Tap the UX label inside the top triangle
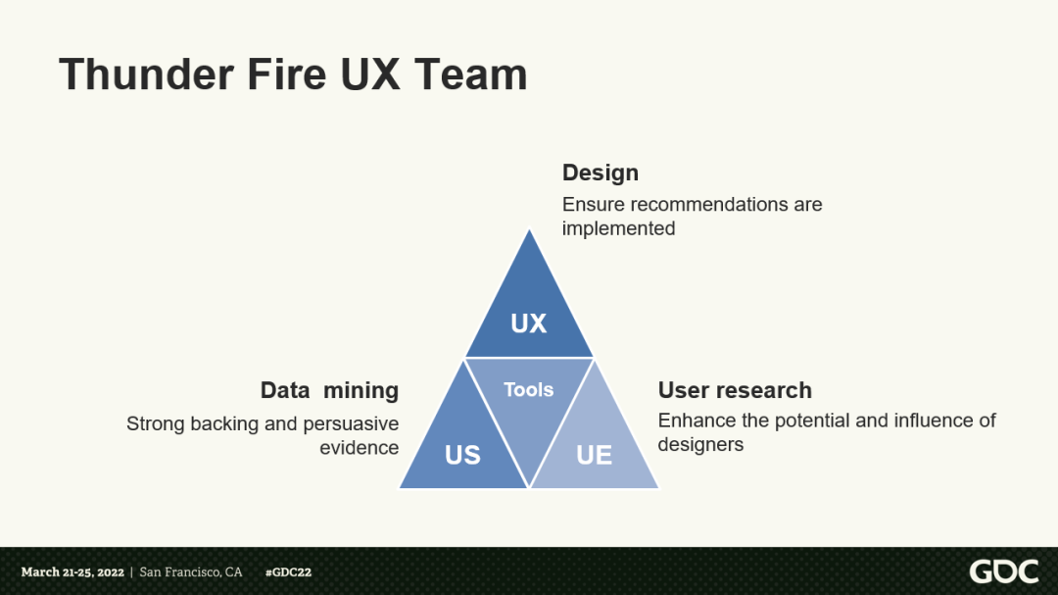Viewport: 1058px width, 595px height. click(529, 323)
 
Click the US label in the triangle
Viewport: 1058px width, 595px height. click(462, 455)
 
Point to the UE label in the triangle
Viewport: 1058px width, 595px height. click(594, 455)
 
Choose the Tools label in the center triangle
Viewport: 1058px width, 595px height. click(529, 390)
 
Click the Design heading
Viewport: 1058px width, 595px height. click(600, 173)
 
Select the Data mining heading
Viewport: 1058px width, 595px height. click(329, 390)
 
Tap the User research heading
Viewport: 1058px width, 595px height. click(735, 390)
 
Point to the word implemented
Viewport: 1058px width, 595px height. click(618, 228)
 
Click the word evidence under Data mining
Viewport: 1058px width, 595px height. click(359, 448)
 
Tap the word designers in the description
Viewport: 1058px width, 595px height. click(700, 444)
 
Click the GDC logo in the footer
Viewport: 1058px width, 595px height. click(1003, 571)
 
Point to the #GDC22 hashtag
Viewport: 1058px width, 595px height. click(288, 572)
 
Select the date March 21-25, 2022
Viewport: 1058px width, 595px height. click(72, 572)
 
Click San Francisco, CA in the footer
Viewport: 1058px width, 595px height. click(191, 572)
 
